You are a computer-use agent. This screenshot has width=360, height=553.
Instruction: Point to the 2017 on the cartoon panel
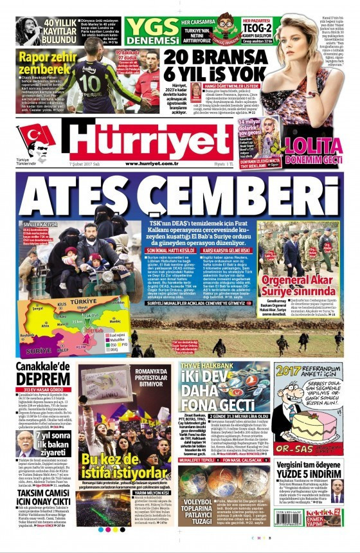287,371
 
